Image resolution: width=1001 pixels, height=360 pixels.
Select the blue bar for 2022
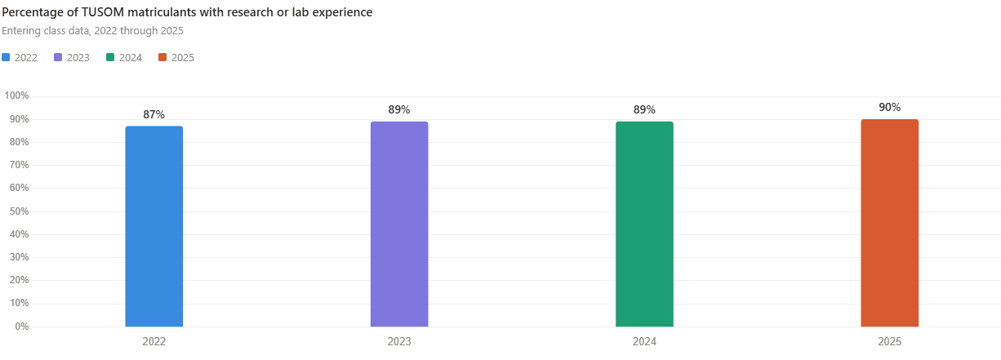click(153, 226)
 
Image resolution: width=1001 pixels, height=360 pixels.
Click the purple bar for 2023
click(399, 224)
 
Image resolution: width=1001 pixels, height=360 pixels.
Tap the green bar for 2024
click(644, 224)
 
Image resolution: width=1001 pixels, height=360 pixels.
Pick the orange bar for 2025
click(889, 223)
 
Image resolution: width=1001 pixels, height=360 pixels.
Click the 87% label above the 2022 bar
click(153, 114)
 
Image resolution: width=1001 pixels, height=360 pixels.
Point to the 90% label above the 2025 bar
click(889, 108)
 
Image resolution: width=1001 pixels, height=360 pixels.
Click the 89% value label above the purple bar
click(399, 109)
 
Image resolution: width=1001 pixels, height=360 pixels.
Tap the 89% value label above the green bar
click(644, 109)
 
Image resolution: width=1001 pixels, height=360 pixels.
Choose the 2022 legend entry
click(20, 57)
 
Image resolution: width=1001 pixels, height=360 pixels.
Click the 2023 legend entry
click(73, 57)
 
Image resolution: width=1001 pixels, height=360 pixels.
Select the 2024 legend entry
click(125, 57)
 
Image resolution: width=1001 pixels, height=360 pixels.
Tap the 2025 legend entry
click(177, 57)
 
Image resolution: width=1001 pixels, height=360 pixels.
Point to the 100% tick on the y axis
click(16, 96)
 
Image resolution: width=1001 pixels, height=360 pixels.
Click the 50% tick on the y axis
click(18, 211)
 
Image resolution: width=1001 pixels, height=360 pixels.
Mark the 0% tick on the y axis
click(20, 327)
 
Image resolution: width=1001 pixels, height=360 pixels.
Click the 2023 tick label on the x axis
click(399, 342)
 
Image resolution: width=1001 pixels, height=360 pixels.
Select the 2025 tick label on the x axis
click(889, 342)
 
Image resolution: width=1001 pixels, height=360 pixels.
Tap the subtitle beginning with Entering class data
click(92, 31)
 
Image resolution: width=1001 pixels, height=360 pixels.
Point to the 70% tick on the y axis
click(18, 165)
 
